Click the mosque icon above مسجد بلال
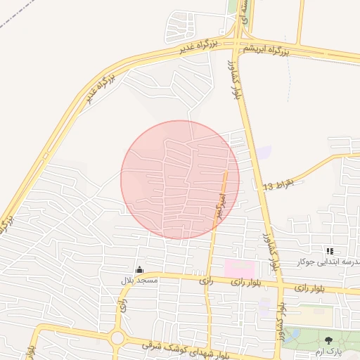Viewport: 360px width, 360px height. [x=139, y=269]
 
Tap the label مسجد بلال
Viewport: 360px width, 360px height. [x=139, y=281]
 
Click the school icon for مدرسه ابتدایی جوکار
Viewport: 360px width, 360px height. [x=329, y=251]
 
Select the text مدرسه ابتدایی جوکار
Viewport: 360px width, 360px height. [x=330, y=262]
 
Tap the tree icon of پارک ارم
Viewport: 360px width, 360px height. [x=328, y=340]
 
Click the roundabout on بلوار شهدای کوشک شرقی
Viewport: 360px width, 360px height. [x=117, y=339]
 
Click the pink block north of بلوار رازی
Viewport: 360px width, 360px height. [x=240, y=269]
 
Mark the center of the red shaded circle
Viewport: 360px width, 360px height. [x=180, y=179]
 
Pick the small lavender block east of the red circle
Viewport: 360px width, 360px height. [x=263, y=153]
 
